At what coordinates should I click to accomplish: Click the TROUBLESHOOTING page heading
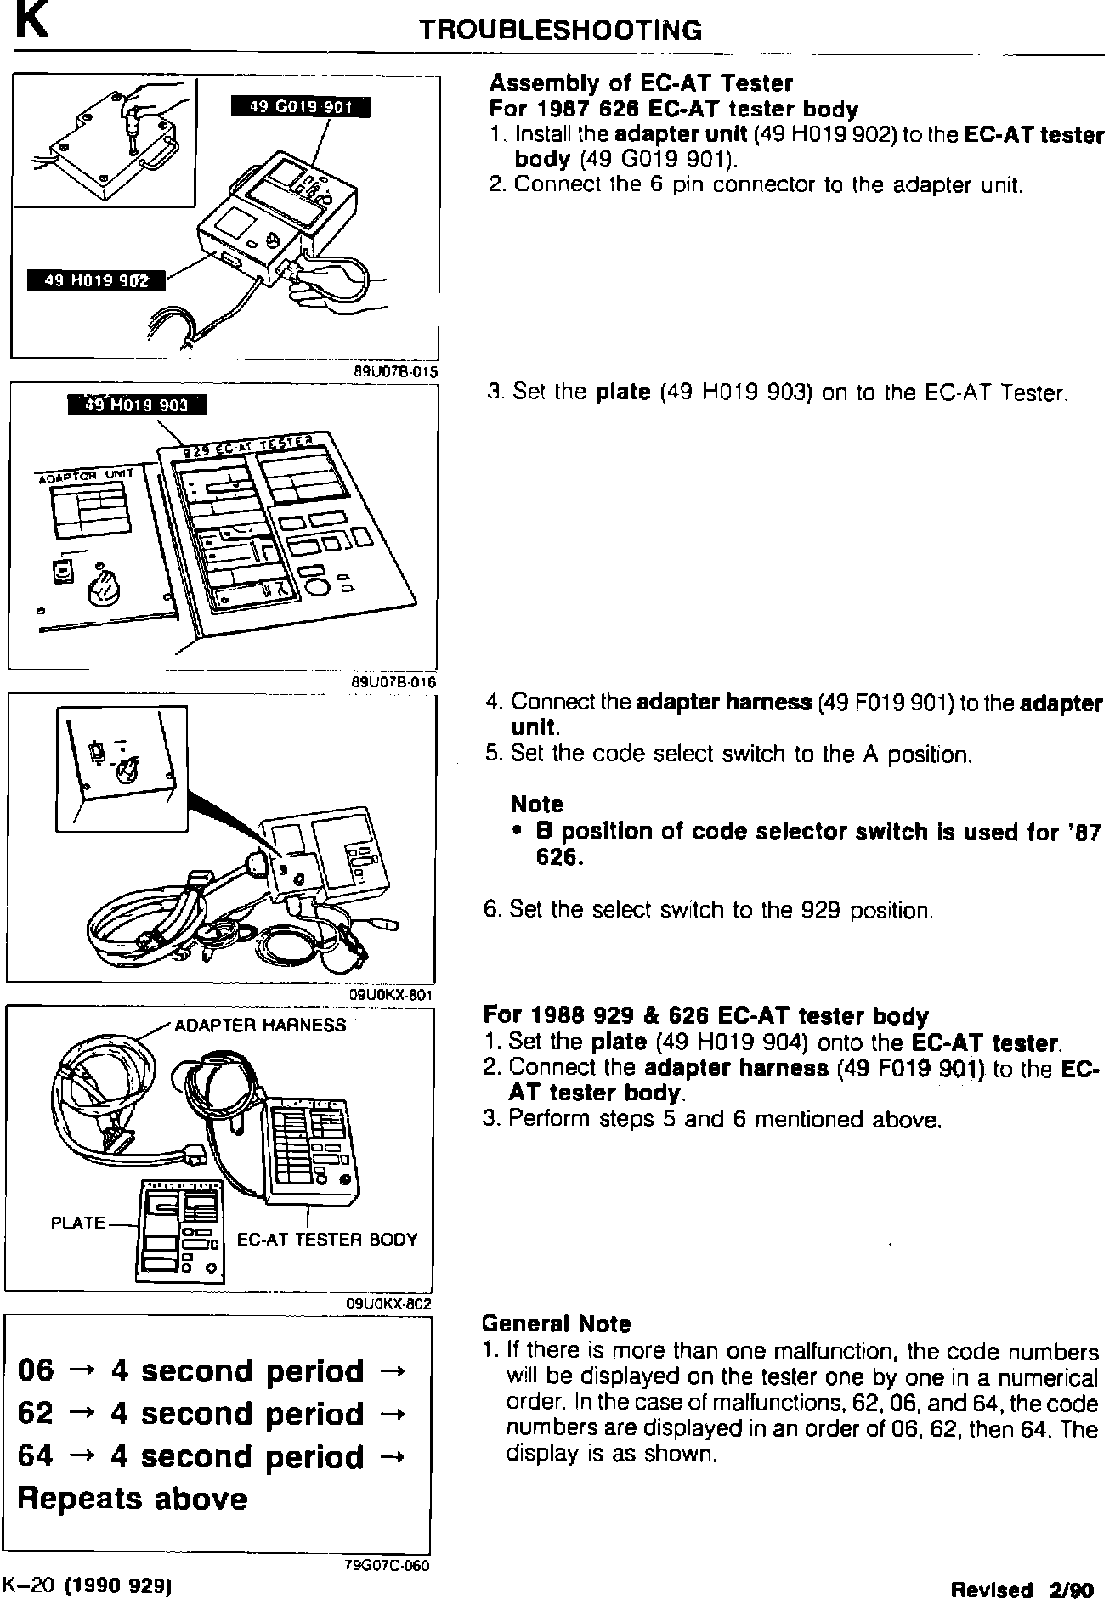(x=561, y=31)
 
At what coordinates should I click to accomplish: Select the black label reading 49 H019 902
(x=95, y=280)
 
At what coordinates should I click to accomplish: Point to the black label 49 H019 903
(x=136, y=405)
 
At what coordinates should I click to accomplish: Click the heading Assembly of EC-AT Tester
(x=641, y=83)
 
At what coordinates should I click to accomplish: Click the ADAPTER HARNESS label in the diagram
(x=260, y=1026)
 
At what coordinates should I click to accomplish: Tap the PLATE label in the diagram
(x=77, y=1223)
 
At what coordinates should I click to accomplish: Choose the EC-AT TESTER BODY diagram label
(x=327, y=1240)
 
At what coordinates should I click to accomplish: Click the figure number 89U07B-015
(x=396, y=370)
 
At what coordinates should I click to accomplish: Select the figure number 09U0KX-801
(x=392, y=995)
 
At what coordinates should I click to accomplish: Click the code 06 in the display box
(x=35, y=1370)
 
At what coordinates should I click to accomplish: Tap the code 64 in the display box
(x=35, y=1456)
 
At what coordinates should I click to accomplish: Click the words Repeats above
(x=133, y=1499)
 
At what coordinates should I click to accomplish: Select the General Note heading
(x=556, y=1324)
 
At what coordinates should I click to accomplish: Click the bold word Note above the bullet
(x=536, y=804)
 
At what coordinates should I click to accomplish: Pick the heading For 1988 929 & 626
(x=705, y=1016)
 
